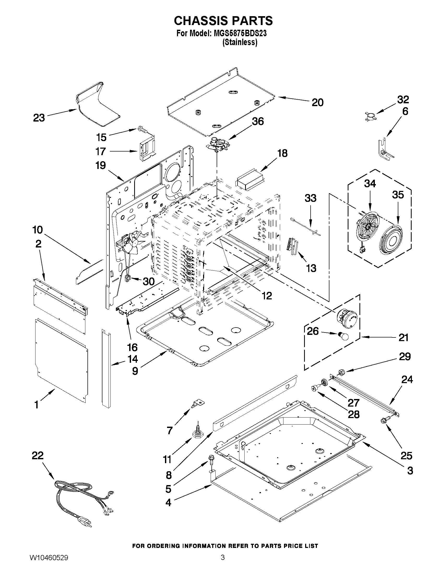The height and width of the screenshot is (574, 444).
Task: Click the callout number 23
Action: (x=39, y=118)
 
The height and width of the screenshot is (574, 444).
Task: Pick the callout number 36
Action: (x=258, y=122)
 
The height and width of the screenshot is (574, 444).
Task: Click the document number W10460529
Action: (x=49, y=563)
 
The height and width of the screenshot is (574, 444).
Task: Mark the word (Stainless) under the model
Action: (x=240, y=42)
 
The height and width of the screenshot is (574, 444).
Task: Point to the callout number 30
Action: (x=148, y=281)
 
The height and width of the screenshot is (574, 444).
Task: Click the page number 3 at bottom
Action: (x=223, y=563)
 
